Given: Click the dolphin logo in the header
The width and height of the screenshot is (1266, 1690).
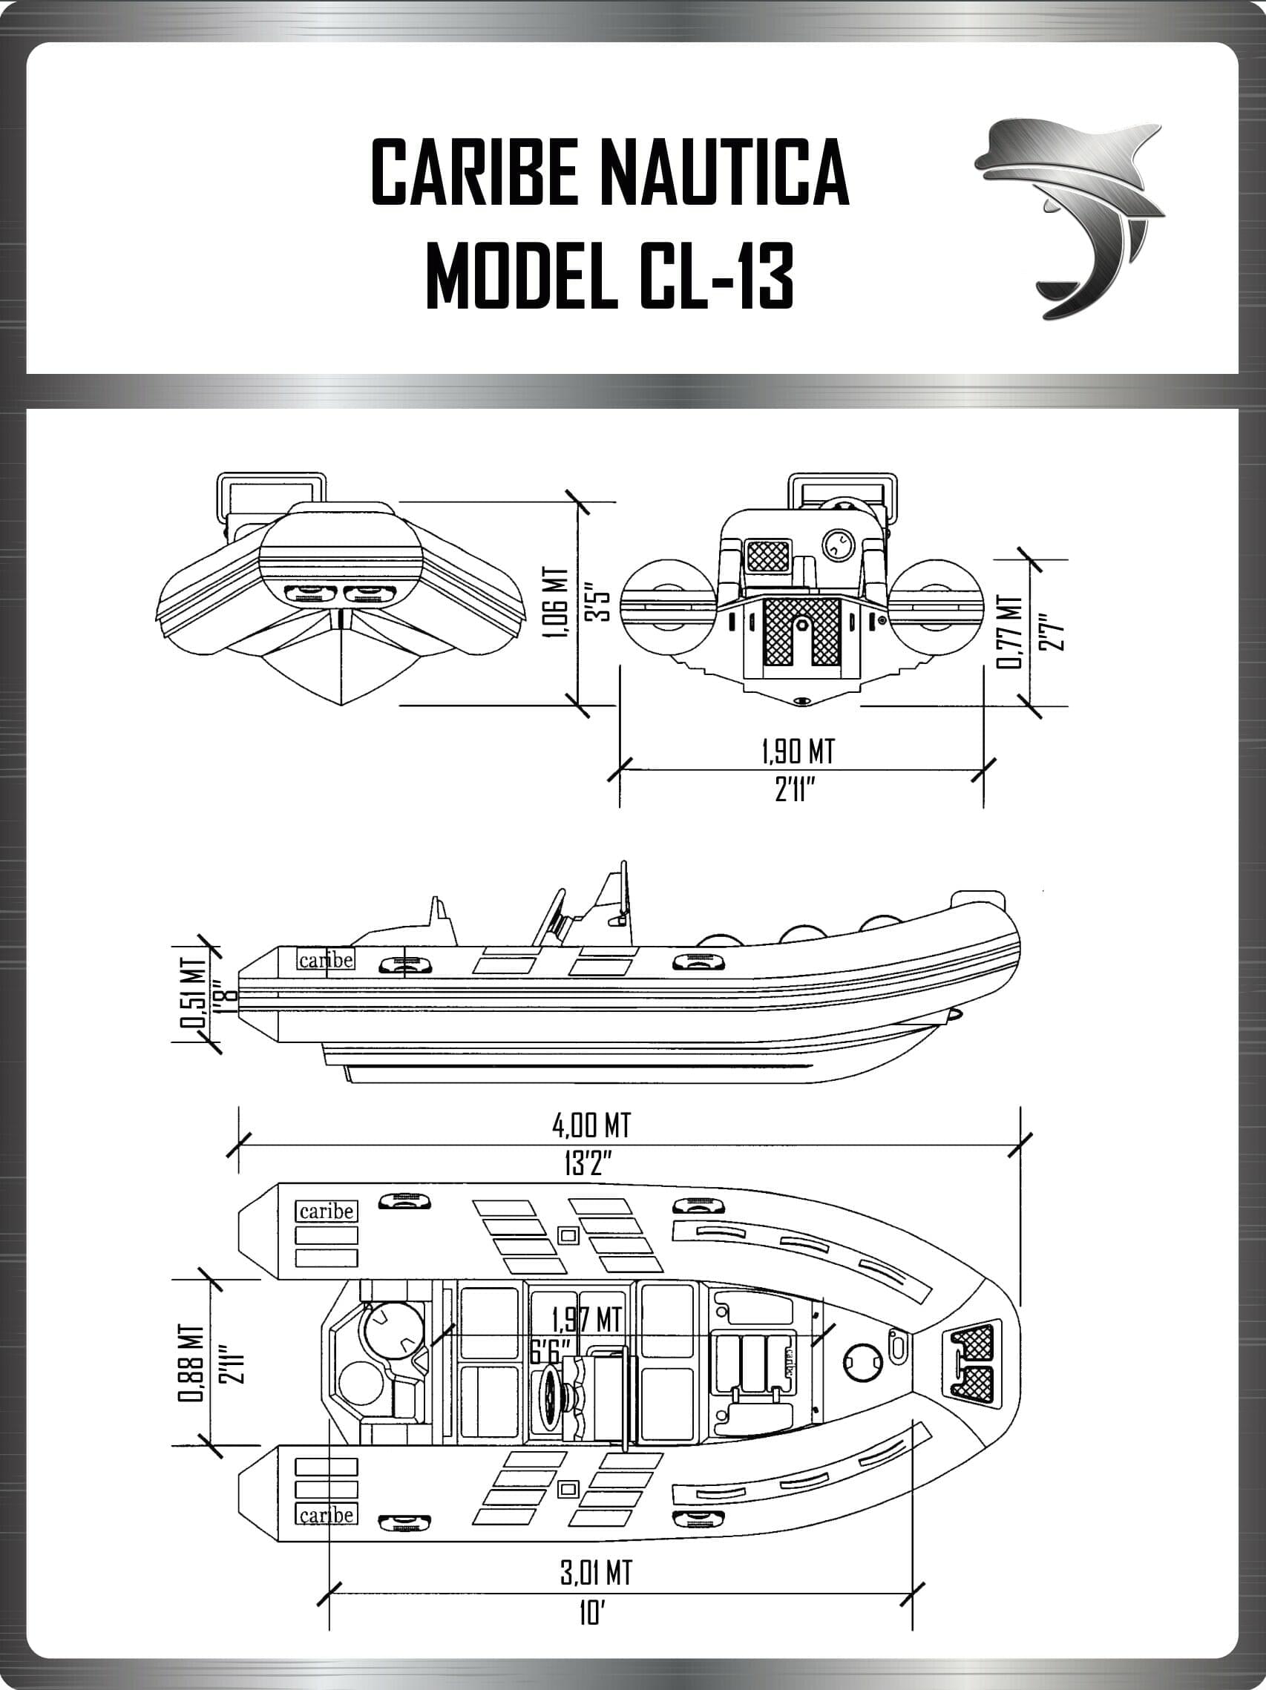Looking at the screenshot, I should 1069,218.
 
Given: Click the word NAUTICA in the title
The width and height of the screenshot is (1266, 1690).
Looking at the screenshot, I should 723,172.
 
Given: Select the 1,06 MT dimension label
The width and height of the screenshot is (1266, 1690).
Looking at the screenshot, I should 560,603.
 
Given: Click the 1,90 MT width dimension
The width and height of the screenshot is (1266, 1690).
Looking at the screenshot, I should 798,751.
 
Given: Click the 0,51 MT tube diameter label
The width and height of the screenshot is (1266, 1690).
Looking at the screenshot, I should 196,993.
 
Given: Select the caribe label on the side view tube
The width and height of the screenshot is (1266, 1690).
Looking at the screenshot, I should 327,959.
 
